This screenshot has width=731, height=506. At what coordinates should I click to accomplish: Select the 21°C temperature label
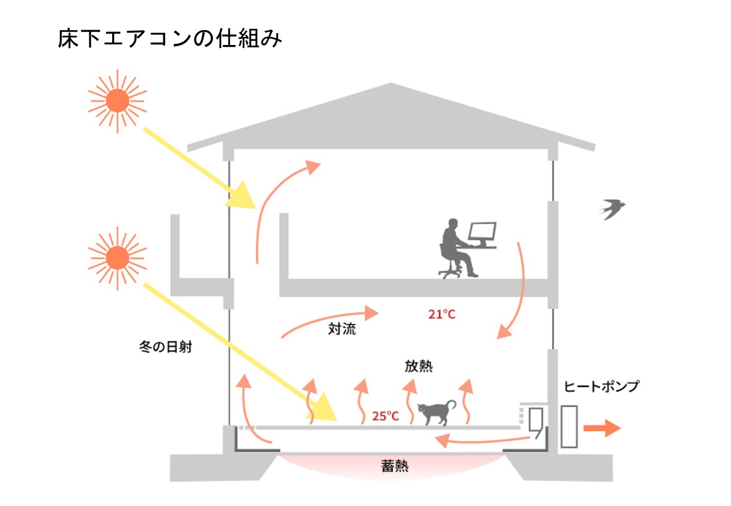[x=441, y=314]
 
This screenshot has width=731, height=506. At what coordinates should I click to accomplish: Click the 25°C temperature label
[x=385, y=416]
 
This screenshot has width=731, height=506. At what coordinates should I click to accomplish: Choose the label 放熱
[x=418, y=365]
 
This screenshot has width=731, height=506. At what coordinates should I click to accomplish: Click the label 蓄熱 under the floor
[x=395, y=467]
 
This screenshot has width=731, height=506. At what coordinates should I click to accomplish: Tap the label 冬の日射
[x=166, y=347]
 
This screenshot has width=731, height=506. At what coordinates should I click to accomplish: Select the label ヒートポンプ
[x=601, y=386]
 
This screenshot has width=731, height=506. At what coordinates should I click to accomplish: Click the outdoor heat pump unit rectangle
[x=569, y=426]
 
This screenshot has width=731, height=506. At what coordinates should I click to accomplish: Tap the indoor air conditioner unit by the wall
[x=534, y=421]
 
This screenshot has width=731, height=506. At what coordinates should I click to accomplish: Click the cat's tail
[x=452, y=404]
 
